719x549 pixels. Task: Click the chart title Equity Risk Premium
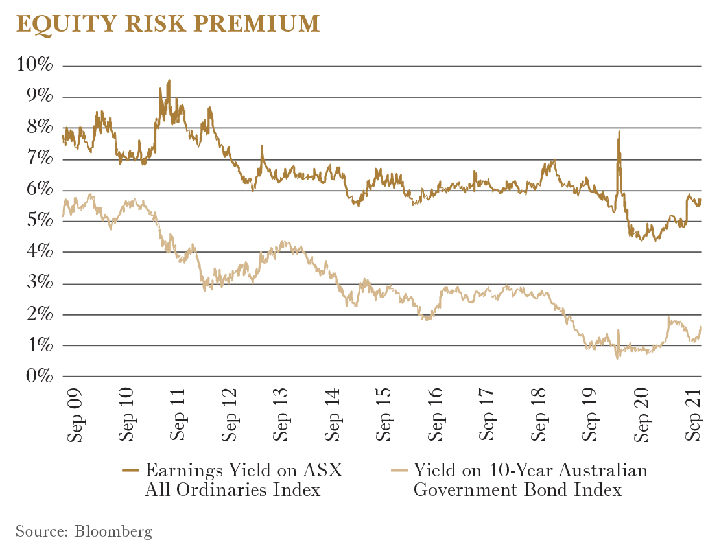tap(167, 23)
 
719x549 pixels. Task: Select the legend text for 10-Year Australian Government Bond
tap(530, 480)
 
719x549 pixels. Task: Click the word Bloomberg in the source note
tap(113, 532)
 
